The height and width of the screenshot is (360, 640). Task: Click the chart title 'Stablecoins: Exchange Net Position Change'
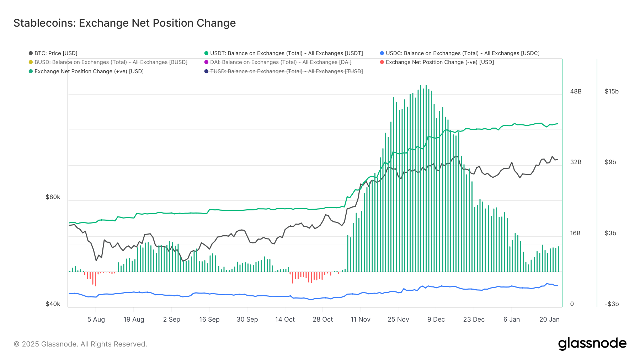tap(124, 23)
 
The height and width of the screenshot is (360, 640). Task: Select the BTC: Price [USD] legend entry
tap(55, 53)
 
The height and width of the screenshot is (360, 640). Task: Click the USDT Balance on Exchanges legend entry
tap(286, 53)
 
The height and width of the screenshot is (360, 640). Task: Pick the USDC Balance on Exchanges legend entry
tap(462, 53)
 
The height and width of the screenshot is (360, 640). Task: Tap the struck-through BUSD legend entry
tap(111, 62)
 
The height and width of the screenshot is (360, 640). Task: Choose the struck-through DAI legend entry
tap(281, 62)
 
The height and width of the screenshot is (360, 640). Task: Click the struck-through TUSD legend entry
tap(286, 71)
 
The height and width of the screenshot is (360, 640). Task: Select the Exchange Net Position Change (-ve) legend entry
tap(439, 62)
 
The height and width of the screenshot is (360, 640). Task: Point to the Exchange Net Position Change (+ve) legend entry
tap(89, 71)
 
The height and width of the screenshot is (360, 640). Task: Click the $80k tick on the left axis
tap(53, 197)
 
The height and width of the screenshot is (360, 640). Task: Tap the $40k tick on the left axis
tap(53, 304)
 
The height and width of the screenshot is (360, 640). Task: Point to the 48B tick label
tap(576, 91)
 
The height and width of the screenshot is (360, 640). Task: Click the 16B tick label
tap(575, 233)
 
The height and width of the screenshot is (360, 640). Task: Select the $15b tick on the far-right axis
tap(612, 91)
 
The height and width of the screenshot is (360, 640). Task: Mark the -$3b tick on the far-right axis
tap(612, 304)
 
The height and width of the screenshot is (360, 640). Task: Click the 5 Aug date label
tap(96, 319)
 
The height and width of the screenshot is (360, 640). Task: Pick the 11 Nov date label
tap(361, 319)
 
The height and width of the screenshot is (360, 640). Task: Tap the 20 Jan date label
tap(549, 319)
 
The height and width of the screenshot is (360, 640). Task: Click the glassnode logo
tap(592, 344)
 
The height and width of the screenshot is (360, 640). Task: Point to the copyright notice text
tap(80, 344)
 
